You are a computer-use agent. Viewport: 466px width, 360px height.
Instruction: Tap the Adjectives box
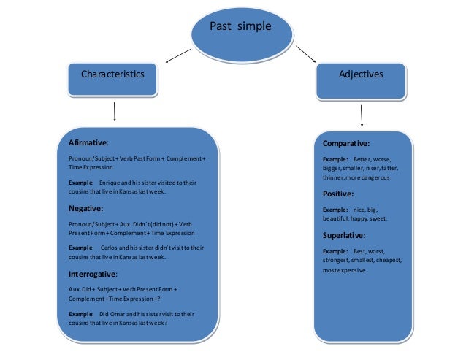(361, 75)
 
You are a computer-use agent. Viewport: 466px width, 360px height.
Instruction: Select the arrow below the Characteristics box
(115, 111)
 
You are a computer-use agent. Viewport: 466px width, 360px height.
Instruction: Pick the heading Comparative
(346, 143)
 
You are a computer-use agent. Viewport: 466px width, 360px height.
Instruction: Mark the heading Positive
(338, 194)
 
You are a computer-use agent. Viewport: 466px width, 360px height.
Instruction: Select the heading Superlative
(344, 235)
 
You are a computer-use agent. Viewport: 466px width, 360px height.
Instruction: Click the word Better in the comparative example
(362, 158)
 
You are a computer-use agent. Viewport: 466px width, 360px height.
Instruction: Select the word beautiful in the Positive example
(336, 218)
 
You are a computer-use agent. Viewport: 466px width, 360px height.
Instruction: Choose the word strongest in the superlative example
(337, 261)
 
